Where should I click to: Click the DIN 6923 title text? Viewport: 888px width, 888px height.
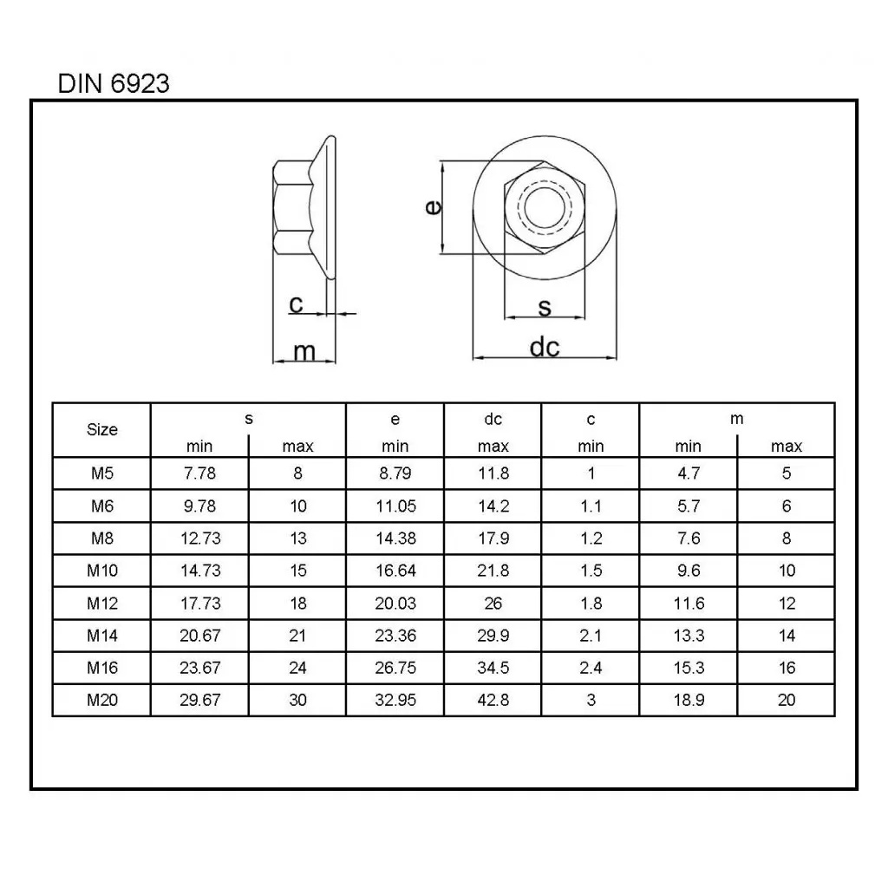114,84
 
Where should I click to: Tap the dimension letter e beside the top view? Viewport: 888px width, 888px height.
432,207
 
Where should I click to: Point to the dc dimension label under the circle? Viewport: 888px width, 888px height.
545,347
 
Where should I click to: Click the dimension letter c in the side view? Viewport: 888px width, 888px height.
296,304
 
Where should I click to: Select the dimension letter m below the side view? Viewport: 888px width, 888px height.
304,351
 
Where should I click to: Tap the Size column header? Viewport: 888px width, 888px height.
102,429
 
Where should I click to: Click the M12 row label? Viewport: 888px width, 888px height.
102,603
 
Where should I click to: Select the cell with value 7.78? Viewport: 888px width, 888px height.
199,473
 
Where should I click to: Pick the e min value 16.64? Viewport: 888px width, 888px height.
395,571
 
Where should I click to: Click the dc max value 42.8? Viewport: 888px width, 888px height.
493,700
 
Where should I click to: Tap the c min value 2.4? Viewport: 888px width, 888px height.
591,668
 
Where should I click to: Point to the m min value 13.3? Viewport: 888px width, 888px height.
689,636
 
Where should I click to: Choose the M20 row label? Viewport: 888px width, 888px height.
102,700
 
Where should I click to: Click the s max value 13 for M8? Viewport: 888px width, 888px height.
297,539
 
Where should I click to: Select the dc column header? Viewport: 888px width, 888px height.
493,420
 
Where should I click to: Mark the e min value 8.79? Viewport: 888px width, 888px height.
395,473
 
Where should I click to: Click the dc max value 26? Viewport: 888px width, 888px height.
493,603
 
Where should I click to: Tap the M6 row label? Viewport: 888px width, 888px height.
102,506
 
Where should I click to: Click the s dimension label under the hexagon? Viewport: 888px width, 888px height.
545,306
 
